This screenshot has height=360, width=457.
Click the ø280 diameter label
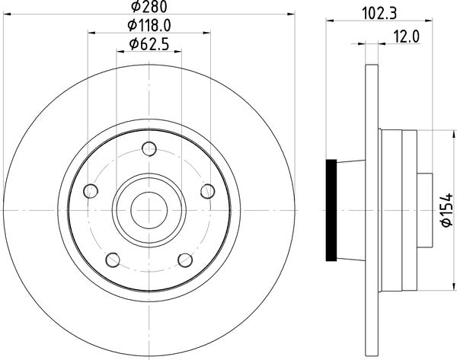click(x=149, y=7)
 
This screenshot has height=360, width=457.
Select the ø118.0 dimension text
click(x=149, y=26)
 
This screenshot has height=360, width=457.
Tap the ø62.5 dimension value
click(x=149, y=44)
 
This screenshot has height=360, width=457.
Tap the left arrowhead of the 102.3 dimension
click(x=331, y=21)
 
